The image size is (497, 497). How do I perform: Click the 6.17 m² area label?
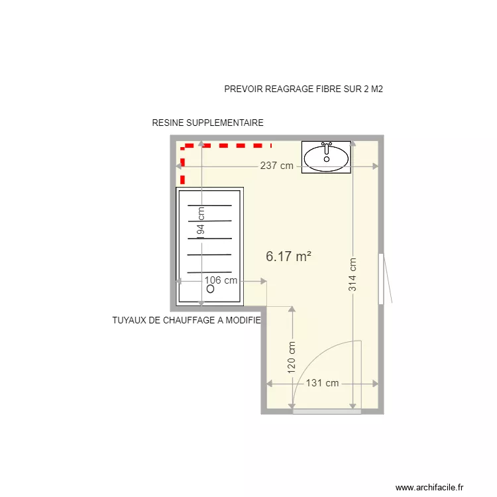[x=289, y=256]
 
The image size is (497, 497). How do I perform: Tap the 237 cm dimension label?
[x=276, y=166]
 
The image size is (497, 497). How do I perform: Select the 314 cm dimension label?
[x=353, y=274]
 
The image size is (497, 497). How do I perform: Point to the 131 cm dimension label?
[x=322, y=383]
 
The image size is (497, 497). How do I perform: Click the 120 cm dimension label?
[x=292, y=359]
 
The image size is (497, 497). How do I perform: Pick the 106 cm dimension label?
[x=221, y=280]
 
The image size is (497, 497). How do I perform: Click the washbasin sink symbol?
[x=326, y=158]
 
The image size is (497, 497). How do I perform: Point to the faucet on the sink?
[x=326, y=145]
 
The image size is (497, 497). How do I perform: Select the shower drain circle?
[x=210, y=290]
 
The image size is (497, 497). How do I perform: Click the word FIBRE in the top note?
[x=315, y=89]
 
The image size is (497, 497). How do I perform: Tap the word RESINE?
[x=168, y=123]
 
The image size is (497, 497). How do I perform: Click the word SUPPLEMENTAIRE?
[x=225, y=123]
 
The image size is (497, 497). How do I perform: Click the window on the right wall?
[x=381, y=278]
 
